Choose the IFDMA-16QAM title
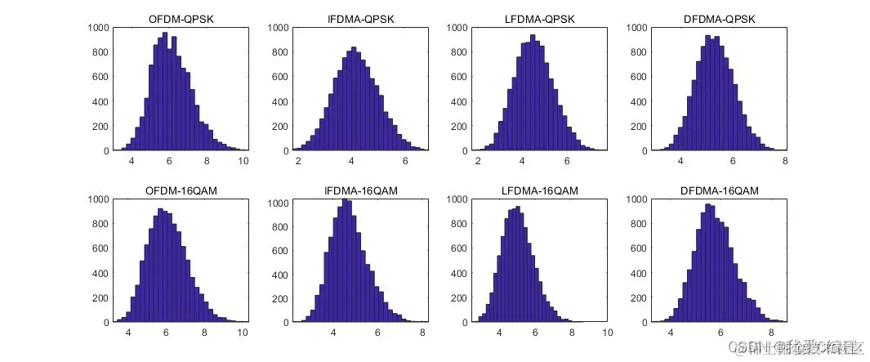(x=359, y=190)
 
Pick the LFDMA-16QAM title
(x=539, y=190)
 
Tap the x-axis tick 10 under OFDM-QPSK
(x=243, y=161)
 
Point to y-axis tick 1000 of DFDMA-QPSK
(x=637, y=27)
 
